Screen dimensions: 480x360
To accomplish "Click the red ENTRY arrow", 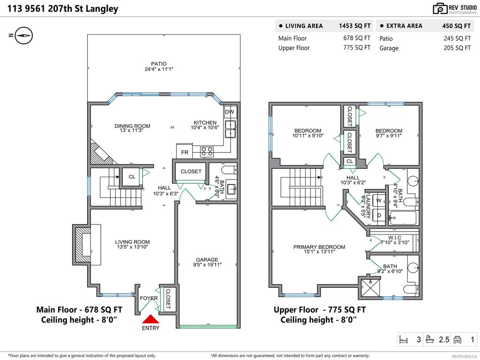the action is [150, 319].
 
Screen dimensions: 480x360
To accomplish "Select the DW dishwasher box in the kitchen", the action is [230, 112].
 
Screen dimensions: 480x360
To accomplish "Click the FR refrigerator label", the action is [185, 152].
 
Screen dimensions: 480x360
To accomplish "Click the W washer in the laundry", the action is [379, 201].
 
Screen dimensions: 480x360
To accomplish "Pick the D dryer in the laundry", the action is [379, 216].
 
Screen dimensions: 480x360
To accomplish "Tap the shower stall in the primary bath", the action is [370, 287].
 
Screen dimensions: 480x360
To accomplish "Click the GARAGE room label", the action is [207, 260].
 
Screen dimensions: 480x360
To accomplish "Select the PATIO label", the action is [159, 64].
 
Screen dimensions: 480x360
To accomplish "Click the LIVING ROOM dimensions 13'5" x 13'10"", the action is [132, 247].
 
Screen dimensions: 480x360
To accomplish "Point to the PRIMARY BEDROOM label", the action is [319, 247].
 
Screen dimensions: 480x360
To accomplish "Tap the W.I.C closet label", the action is [395, 238].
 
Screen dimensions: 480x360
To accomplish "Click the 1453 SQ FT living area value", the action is [354, 26].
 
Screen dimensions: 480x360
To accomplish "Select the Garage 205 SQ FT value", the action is [457, 48].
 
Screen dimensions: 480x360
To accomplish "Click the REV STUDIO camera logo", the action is [440, 9].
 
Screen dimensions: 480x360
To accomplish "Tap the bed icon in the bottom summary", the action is [404, 339].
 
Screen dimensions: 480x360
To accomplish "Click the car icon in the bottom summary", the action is [457, 339].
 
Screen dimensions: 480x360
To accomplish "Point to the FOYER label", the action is [149, 298].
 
